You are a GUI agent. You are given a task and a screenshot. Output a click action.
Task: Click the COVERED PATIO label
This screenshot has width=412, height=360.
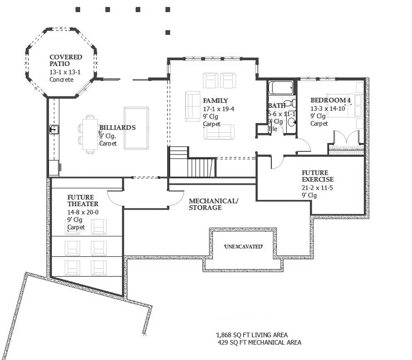66,61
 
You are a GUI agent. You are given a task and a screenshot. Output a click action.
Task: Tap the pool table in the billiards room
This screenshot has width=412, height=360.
136,124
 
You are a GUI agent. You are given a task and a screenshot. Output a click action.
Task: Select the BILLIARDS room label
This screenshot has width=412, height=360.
117,128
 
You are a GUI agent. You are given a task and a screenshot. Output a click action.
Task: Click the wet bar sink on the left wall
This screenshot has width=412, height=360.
54,129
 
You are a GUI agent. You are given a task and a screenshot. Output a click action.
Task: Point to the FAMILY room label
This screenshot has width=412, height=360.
215,101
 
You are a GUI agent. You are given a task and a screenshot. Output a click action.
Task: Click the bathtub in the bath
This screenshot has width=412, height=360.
281,88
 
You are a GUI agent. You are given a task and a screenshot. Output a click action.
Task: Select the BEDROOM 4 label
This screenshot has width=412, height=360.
330,100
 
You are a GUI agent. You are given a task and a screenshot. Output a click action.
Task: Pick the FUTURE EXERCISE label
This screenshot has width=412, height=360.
318,176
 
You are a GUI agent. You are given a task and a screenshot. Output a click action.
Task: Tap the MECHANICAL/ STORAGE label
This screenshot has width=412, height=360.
213,204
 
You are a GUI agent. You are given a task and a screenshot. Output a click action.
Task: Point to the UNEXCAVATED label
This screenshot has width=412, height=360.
243,246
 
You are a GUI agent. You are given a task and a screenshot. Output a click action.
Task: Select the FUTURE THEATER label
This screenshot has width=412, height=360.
83,201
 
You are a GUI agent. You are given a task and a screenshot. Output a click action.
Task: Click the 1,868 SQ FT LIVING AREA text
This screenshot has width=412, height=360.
252,334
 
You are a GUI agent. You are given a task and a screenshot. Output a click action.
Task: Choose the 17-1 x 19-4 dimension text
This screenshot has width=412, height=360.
218,109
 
